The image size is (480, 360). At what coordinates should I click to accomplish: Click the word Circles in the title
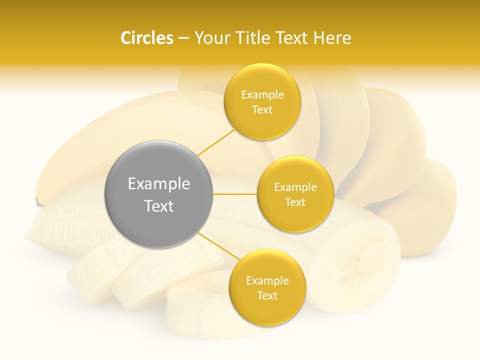tap(146, 38)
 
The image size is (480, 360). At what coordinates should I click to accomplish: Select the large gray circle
tap(159, 194)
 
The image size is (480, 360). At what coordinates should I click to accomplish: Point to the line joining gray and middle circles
tap(235, 194)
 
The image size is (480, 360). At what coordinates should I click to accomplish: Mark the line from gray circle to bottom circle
tap(215, 245)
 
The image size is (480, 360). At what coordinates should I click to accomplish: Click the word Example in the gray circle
tap(159, 184)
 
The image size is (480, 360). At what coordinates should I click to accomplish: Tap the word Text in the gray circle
tap(159, 206)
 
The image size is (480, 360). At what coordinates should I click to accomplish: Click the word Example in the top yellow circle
tap(262, 95)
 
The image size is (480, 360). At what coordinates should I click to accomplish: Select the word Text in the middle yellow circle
tap(295, 202)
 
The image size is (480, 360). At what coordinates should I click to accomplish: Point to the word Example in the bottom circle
tap(267, 281)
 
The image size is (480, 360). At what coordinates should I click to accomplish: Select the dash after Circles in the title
tap(183, 38)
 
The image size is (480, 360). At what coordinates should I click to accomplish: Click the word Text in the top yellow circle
tap(262, 110)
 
